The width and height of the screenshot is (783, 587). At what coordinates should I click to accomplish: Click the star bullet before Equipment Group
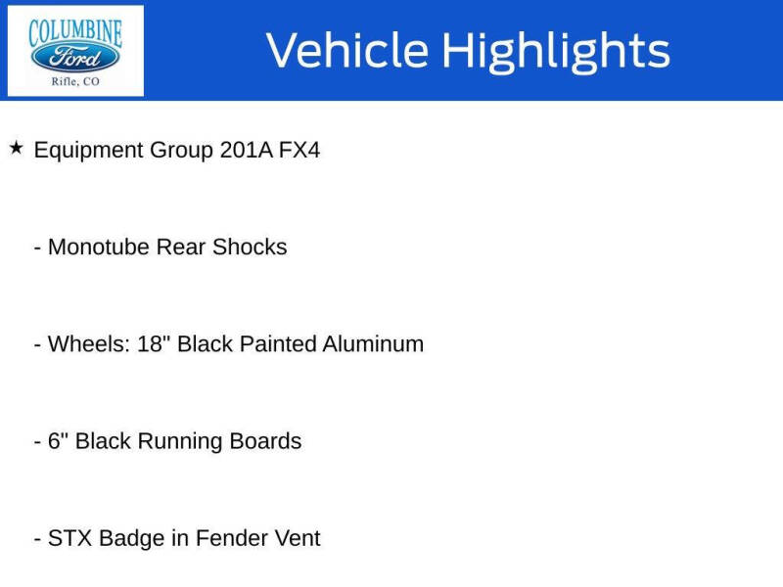point(16,149)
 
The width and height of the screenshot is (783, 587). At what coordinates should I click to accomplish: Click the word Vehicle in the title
point(346,51)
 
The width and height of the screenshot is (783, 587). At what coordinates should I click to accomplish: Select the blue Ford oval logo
point(75,57)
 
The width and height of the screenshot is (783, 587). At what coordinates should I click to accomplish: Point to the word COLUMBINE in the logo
point(75,30)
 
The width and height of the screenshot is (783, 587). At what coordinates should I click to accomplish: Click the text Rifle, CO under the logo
point(75,82)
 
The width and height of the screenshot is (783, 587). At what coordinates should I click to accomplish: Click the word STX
point(69,538)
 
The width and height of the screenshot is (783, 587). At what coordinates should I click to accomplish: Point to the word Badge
point(131,538)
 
